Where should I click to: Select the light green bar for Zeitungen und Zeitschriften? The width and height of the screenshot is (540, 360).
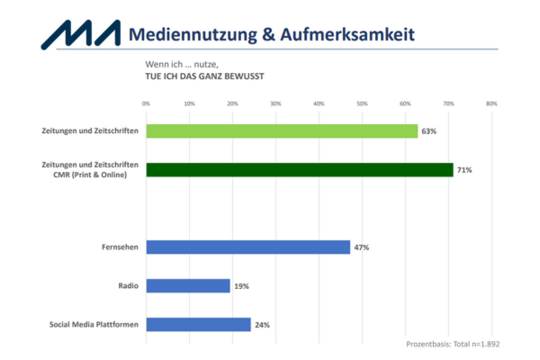pos(282,130)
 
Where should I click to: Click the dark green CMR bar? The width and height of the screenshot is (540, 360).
pos(299,169)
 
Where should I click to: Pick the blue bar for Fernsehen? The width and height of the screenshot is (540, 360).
pos(247,247)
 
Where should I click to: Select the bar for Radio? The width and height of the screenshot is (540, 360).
pos(187,285)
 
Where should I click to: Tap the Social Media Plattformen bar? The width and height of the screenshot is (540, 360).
pos(198,324)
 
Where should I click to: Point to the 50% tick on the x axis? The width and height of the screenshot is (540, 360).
pos(362,104)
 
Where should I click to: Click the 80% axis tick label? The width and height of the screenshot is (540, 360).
pos(491,104)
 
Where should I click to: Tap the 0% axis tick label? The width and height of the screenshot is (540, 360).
pos(146,104)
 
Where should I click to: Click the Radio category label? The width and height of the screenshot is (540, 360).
pos(127,286)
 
